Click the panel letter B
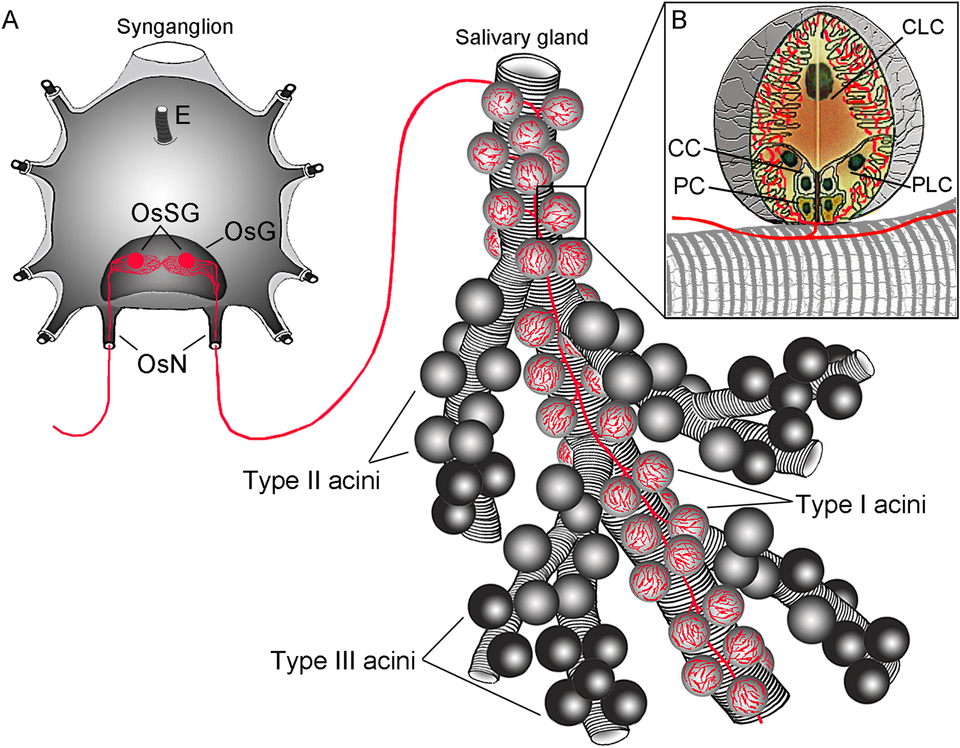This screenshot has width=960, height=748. point(679,20)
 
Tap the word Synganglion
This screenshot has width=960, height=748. point(175,27)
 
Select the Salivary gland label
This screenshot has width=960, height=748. point(521,37)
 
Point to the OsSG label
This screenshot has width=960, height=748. point(165,213)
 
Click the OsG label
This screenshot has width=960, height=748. point(250,232)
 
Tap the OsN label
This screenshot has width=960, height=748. point(162,364)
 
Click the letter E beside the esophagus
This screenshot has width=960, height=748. point(183,116)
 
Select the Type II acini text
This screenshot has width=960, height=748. point(312,481)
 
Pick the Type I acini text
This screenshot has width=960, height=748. point(861,505)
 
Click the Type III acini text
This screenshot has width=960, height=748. point(342,660)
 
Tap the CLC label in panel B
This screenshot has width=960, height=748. point(923,27)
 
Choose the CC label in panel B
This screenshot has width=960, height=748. point(685,149)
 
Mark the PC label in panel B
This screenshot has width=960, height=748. point(689,186)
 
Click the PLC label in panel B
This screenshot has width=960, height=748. point(932,184)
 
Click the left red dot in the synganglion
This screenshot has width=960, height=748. point(136,260)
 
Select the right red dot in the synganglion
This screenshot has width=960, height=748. point(187,260)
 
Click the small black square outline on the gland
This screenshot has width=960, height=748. point(561,212)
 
